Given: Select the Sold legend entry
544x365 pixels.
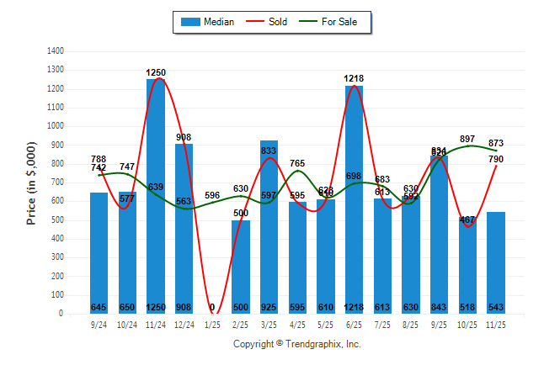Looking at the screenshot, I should (269, 22).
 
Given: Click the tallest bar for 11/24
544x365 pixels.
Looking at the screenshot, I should (156, 193).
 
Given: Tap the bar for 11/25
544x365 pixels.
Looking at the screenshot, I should (495, 261).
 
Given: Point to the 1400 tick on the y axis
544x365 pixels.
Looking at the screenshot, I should (56, 51).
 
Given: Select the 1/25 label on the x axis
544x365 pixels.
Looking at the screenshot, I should (212, 324).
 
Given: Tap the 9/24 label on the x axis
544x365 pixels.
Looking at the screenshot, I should (99, 324).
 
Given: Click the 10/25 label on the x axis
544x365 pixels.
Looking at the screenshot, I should (467, 324).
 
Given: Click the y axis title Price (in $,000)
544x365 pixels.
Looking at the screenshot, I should (31, 182).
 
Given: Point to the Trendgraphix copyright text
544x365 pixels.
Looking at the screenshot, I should (296, 344).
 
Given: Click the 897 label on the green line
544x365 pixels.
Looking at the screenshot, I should (468, 139).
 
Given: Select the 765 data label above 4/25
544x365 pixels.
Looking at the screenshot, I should (297, 163).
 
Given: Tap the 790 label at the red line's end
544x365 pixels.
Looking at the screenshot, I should (495, 159).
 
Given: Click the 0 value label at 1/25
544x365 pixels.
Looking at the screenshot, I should (212, 307).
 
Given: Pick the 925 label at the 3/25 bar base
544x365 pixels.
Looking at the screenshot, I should (269, 307).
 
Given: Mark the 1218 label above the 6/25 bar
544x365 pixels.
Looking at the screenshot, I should (354, 78).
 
